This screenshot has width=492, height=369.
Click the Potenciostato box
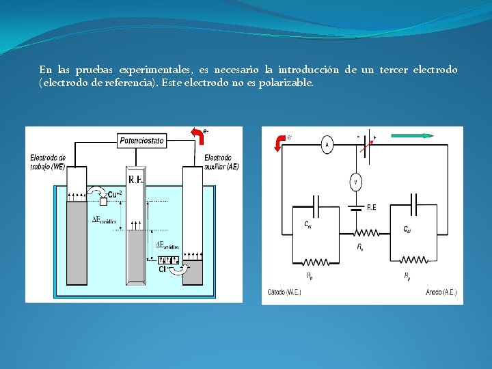pos(142,141)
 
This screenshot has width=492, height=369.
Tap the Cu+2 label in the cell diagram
pos(114,194)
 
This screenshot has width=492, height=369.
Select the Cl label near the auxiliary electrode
pos(163,269)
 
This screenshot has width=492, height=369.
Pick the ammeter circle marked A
pos(327,144)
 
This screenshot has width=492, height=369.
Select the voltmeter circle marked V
pos(355,182)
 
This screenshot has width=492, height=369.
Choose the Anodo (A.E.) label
pos(440,292)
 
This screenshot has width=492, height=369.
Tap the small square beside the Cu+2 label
pos(103,200)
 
